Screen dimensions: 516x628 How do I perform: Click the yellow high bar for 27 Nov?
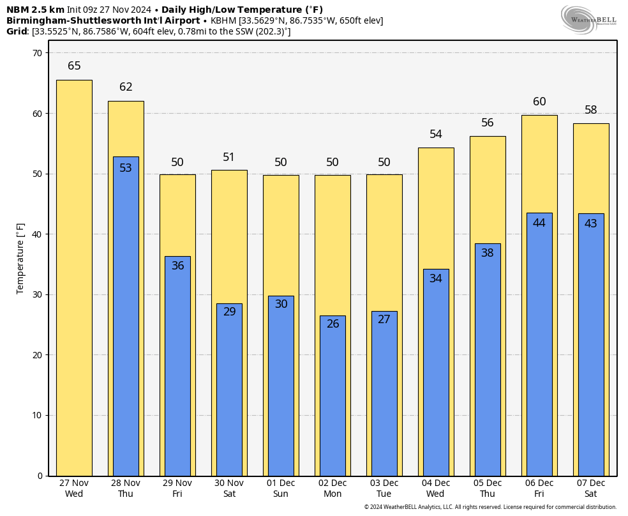[x=74, y=278]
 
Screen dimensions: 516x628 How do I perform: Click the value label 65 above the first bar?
[x=74, y=66]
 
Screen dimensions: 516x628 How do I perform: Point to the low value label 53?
[x=126, y=169]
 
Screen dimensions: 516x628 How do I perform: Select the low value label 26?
[x=333, y=324]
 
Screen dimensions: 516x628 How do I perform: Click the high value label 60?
[x=539, y=102]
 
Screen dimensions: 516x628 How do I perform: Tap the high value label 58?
[x=591, y=110]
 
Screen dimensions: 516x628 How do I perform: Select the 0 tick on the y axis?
[x=39, y=476]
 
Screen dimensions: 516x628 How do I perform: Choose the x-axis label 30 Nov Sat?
[x=229, y=489]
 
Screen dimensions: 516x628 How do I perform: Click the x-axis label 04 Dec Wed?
[x=436, y=489]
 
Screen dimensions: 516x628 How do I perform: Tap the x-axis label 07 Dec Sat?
[x=591, y=489]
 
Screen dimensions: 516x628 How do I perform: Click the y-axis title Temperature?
[x=20, y=259]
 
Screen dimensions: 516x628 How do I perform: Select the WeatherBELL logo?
[x=588, y=19]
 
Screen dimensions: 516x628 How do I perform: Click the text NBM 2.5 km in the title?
[x=35, y=10]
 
